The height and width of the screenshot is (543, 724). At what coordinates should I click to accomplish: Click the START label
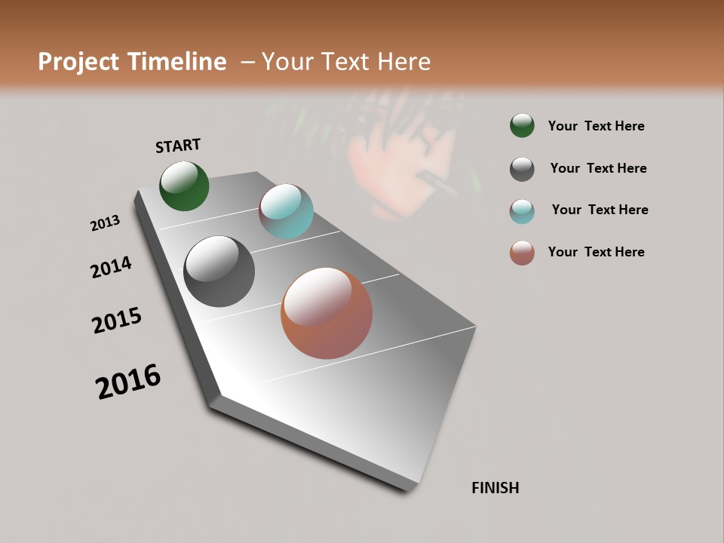pos(178,146)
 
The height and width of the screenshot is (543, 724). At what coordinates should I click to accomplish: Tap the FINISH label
pos(495,488)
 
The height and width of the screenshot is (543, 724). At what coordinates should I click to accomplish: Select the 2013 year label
pos(105,223)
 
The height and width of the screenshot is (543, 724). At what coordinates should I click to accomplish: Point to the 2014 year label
pos(111,267)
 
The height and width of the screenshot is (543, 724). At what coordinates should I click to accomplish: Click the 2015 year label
pos(117,321)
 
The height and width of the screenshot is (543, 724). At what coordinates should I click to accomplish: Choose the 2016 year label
pos(128,382)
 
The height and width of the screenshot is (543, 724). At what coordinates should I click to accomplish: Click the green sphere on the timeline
pos(184,186)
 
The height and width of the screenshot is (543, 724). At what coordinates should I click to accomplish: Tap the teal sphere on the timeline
pos(286,211)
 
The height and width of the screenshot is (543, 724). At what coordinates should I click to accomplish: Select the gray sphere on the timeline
pos(219,271)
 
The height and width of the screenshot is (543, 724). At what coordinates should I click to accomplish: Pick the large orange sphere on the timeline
pos(327,313)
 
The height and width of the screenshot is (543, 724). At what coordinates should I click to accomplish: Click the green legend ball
pos(522,125)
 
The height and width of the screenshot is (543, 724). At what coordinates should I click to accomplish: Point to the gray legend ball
pos(522,169)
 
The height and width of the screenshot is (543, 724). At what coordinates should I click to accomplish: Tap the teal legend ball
pos(522,211)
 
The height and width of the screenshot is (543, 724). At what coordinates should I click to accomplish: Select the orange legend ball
pos(522,253)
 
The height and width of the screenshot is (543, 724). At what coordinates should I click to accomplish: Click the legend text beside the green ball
pos(596,126)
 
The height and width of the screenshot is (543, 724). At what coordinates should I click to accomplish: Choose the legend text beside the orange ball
pos(596,252)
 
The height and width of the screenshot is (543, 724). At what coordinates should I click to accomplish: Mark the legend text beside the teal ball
pos(600,210)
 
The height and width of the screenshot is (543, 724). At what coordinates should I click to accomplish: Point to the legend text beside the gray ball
pos(598,168)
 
